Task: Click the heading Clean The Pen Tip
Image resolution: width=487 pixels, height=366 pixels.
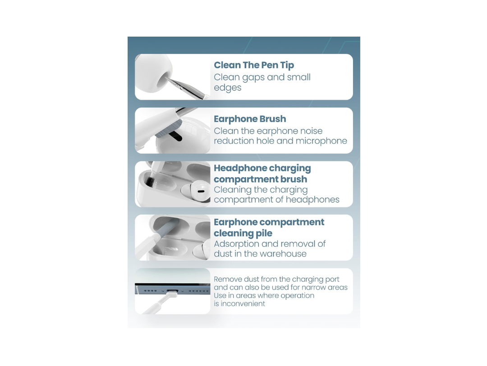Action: coord(254,65)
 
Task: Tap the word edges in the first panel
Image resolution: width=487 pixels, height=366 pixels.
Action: coord(227,88)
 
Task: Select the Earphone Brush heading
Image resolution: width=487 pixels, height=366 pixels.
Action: coord(250,119)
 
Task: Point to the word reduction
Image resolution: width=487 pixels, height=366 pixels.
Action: coord(234,141)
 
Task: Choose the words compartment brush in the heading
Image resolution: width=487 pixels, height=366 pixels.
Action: coord(260,179)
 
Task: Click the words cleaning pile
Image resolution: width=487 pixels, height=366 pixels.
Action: coord(243,234)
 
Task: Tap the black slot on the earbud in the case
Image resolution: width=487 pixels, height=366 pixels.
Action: coord(201,191)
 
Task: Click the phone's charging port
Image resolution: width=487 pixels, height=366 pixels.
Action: coord(172,291)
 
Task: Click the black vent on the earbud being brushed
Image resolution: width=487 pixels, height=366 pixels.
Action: coord(176,136)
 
